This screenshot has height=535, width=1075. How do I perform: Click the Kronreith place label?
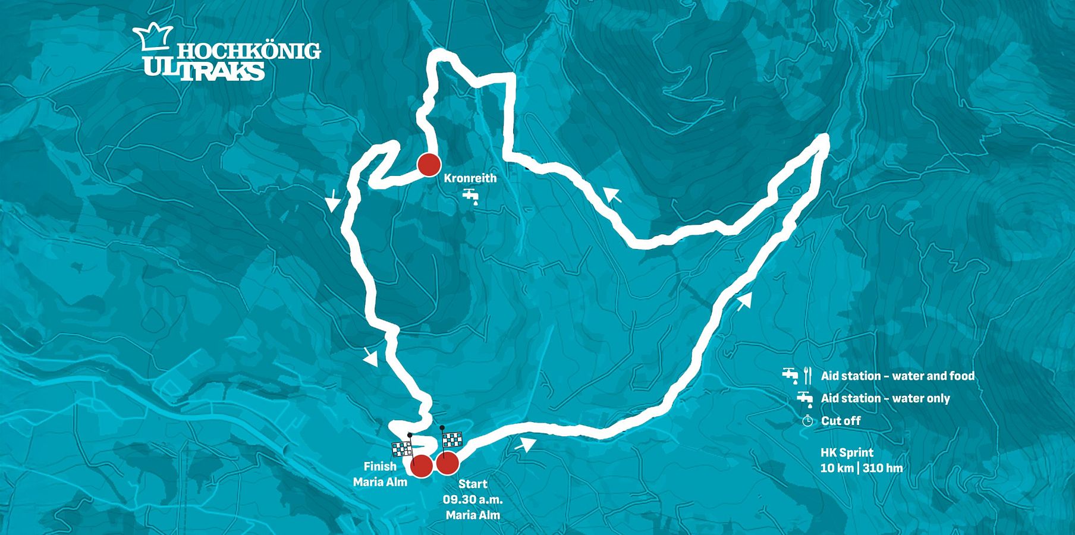470,178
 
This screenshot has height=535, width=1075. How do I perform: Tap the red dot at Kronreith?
428,165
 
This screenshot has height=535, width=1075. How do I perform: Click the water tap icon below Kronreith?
470,196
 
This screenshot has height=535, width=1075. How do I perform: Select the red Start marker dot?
447,463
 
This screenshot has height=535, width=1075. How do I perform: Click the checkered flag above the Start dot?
452,439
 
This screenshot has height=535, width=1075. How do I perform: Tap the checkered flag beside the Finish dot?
401,449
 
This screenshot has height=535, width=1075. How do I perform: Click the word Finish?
380,467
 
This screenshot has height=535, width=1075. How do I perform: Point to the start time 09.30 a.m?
473,499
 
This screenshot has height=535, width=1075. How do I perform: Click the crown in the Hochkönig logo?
153,40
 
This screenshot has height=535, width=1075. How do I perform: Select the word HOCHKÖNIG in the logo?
249,52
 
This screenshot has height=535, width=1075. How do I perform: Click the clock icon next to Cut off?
807,421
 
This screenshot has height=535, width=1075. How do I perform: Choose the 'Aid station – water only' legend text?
885,398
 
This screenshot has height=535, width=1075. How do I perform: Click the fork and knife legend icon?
807,376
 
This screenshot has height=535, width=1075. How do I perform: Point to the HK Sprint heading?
847,453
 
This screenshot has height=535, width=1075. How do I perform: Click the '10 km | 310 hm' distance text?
861,468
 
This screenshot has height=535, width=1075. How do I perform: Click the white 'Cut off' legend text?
841,421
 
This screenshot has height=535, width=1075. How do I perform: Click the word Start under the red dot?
473,484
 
